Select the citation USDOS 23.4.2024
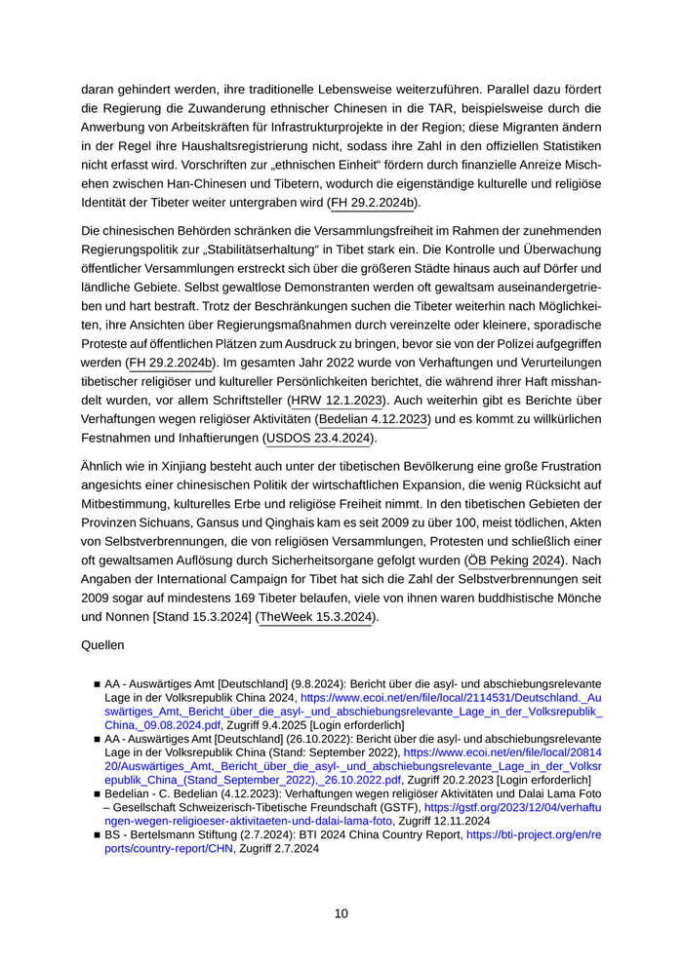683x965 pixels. [318, 439]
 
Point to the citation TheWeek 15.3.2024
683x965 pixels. [316, 617]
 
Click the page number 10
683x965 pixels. [341, 913]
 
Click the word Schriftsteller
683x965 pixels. [239, 400]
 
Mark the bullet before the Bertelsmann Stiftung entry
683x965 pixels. [97, 835]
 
